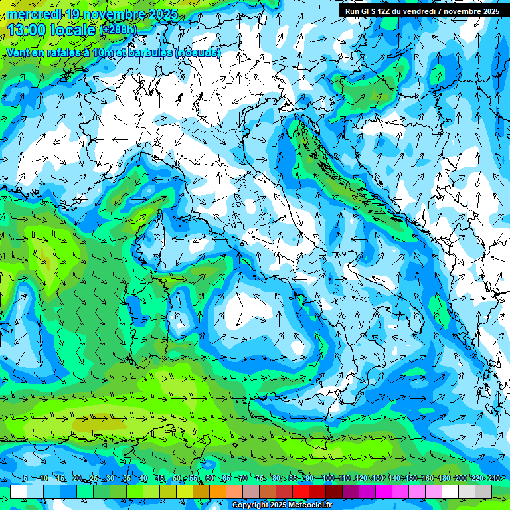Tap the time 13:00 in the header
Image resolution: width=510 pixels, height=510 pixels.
tap(28, 29)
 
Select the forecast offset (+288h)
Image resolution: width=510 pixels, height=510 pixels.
tap(118, 29)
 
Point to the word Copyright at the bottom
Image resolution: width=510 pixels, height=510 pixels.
tap(249, 505)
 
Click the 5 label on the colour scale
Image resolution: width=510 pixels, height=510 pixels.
tap(25, 478)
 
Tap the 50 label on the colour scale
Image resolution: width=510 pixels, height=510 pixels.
tap(177, 478)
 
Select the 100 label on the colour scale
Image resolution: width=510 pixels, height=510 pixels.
tap(327, 478)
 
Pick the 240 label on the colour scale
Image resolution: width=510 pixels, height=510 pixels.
tap(494, 478)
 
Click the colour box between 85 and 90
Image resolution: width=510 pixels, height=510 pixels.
tap(301, 491)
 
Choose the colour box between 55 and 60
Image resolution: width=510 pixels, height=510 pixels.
tap(201, 491)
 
